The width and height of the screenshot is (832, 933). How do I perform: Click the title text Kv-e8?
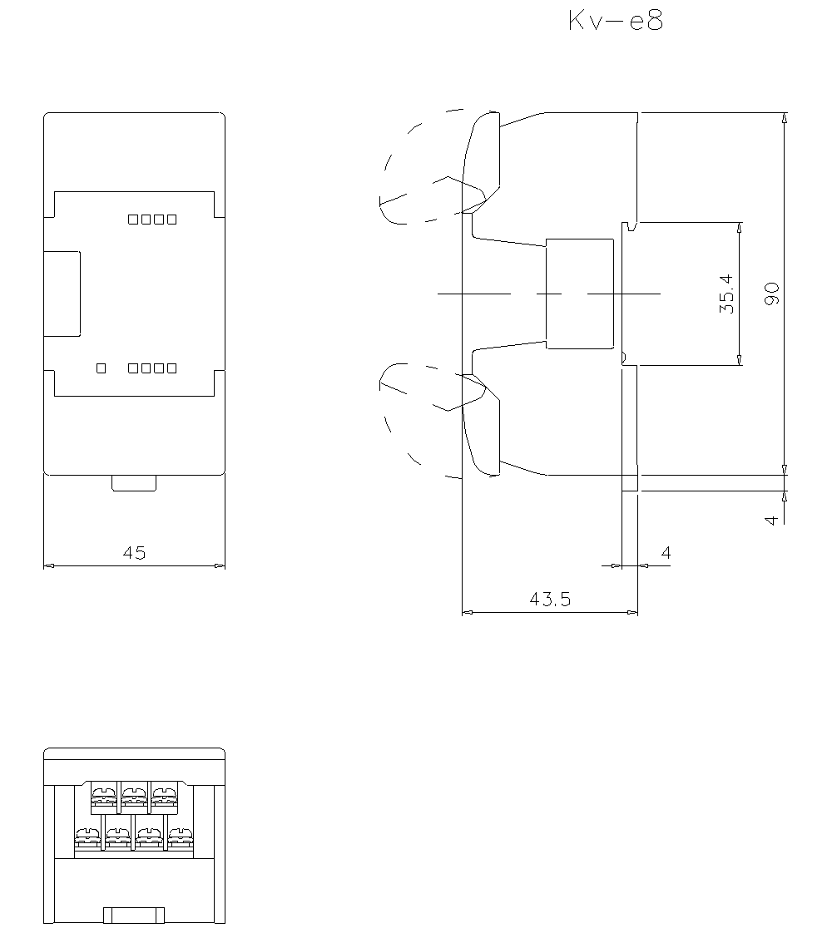click(x=616, y=21)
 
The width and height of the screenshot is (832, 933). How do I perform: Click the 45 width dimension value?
click(x=135, y=553)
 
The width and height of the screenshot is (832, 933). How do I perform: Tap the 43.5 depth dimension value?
click(x=550, y=599)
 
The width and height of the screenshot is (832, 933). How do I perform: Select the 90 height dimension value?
click(x=771, y=294)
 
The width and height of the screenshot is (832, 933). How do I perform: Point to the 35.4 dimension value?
click(x=726, y=294)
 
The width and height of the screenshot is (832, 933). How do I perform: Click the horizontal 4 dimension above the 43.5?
click(x=666, y=553)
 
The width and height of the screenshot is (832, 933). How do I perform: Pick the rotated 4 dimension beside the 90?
click(x=771, y=520)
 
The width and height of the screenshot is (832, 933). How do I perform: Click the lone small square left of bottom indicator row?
click(x=102, y=368)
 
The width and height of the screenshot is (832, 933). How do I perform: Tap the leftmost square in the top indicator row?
click(x=133, y=220)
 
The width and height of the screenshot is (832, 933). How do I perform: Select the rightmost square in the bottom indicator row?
click(x=172, y=368)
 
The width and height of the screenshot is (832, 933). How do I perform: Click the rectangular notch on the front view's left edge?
click(x=62, y=294)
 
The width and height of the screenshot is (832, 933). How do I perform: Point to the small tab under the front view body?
click(x=134, y=483)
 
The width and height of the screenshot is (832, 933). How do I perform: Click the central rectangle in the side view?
click(x=580, y=294)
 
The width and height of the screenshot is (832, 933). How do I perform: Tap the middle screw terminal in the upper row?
click(x=135, y=797)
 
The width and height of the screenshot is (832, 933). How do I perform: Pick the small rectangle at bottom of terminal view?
click(x=134, y=916)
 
